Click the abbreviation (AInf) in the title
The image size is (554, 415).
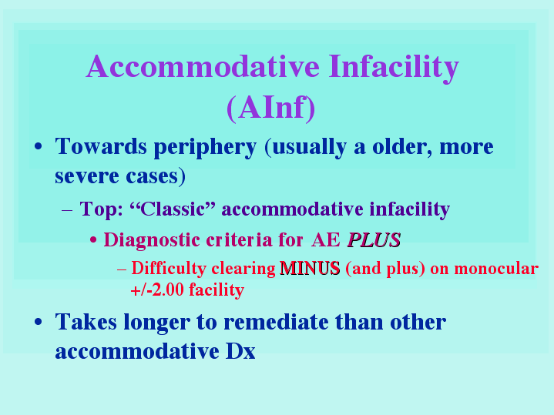tap(271, 108)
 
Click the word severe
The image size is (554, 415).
tap(87, 176)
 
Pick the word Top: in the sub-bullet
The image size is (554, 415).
tap(102, 209)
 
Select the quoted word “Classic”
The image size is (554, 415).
tap(173, 209)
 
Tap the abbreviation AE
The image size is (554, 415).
tap(325, 240)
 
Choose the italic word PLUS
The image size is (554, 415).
tap(374, 240)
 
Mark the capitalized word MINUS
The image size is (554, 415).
tap(310, 269)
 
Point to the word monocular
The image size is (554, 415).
tap(496, 269)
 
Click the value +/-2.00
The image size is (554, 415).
tap(157, 290)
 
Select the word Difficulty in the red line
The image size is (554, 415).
tap(169, 269)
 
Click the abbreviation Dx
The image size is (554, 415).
tap(240, 351)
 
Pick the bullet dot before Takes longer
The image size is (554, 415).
tap(39, 322)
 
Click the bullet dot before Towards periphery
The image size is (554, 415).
tap(39, 146)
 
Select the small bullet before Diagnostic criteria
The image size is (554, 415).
tap(93, 240)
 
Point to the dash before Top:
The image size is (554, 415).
tap(67, 210)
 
